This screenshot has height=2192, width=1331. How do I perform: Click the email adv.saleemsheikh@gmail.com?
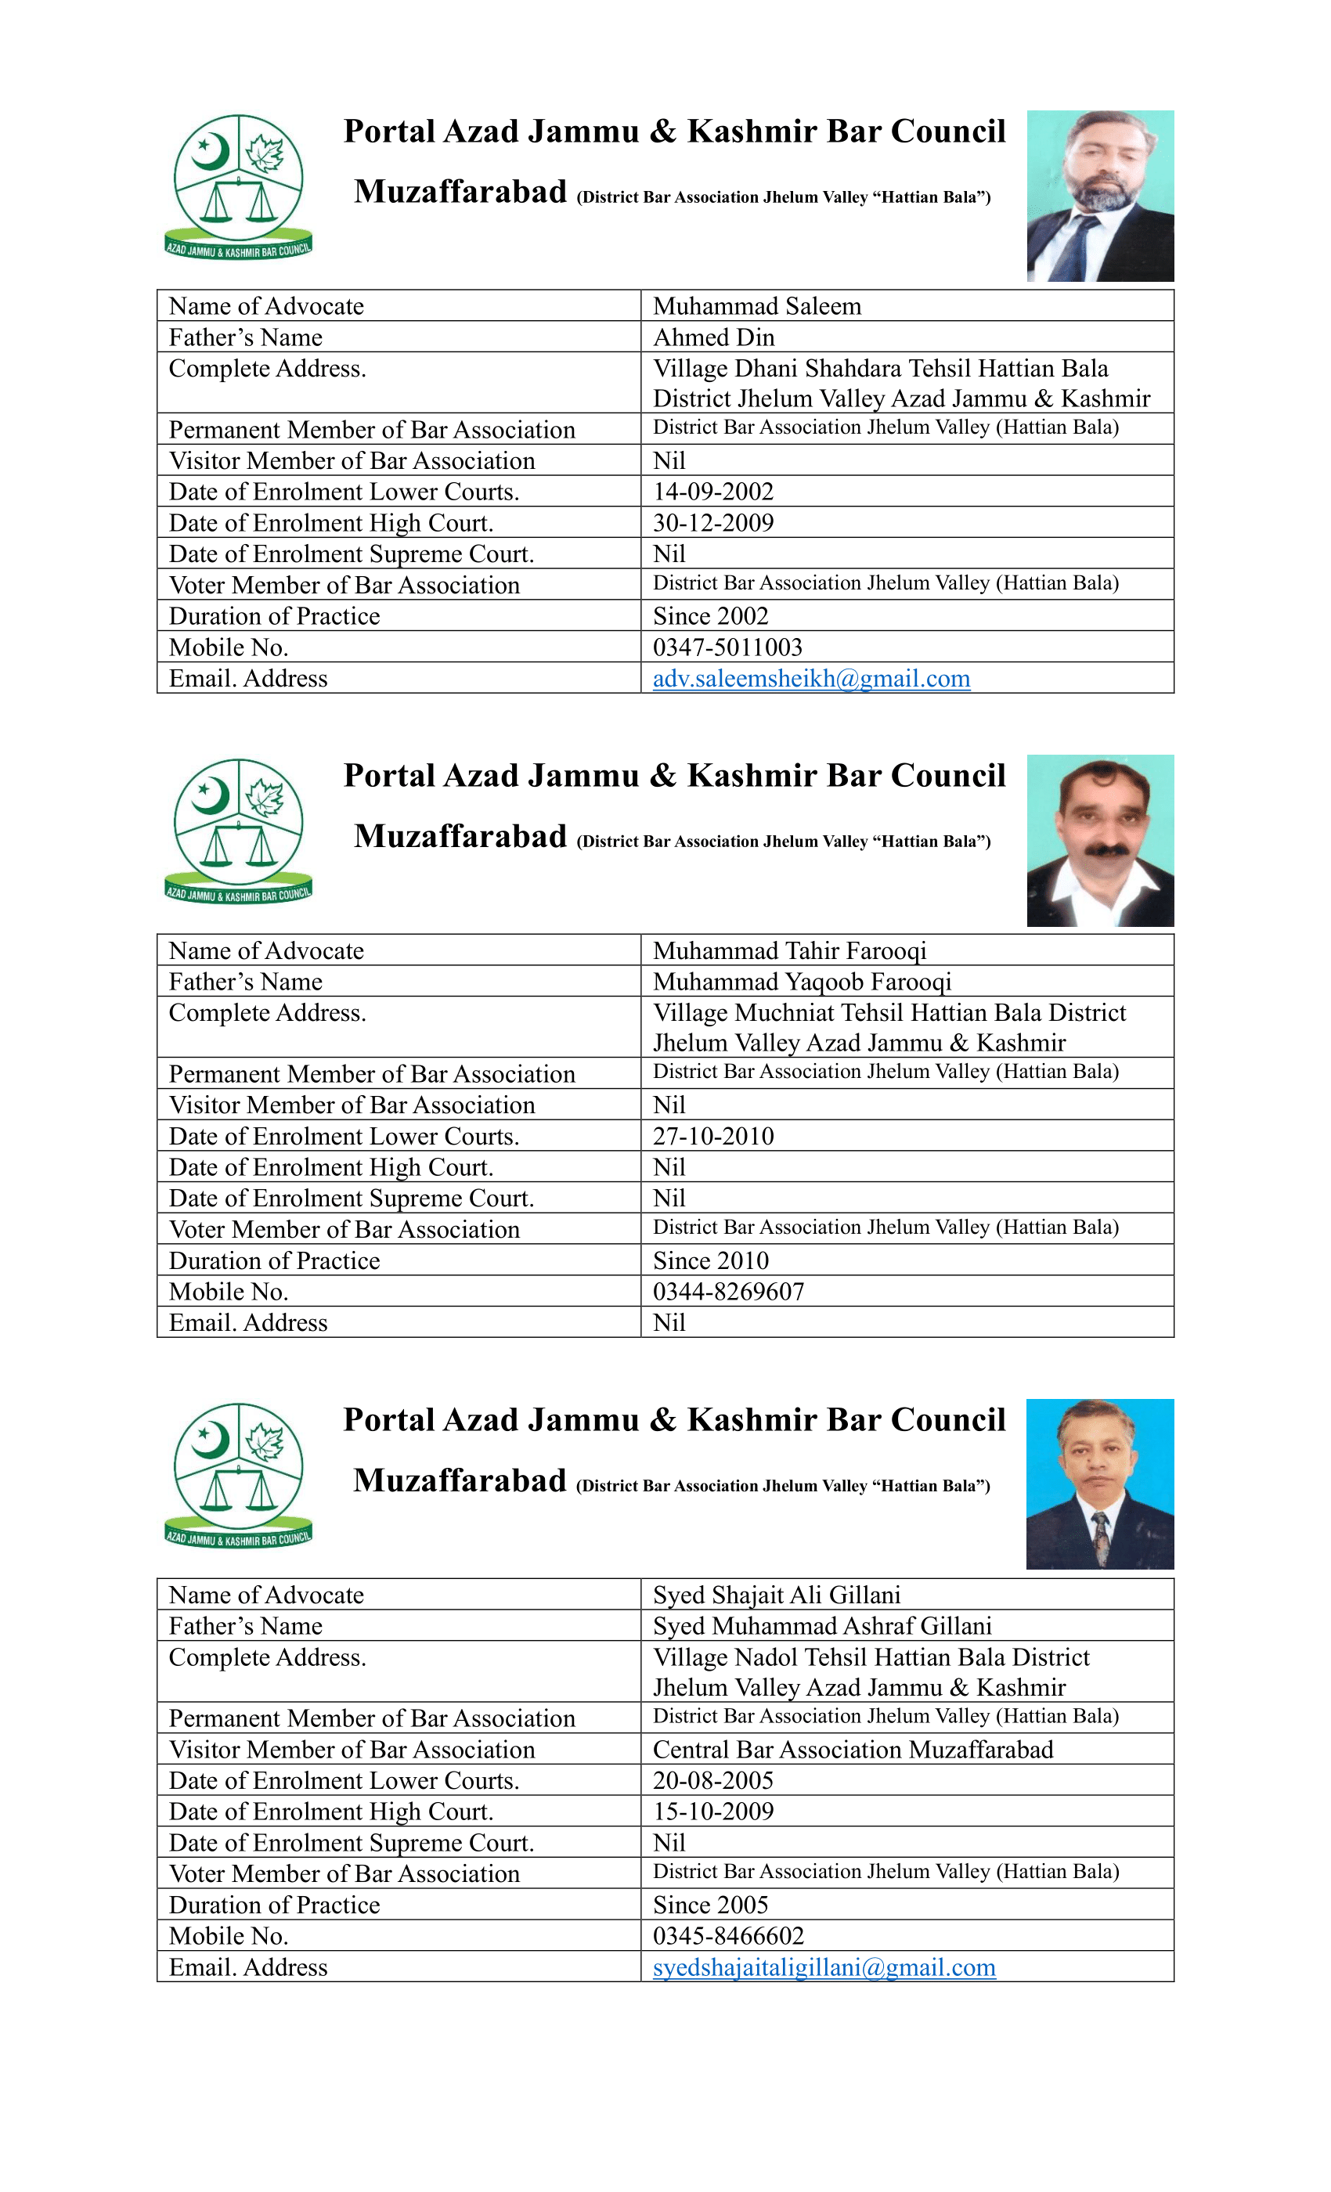810,679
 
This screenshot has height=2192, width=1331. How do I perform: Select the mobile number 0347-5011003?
727,647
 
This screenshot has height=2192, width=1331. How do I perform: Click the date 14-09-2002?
712,492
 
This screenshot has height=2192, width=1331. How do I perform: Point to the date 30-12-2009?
712,523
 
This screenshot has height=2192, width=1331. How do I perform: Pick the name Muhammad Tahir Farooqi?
789,951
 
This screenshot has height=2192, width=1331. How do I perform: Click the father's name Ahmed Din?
713,338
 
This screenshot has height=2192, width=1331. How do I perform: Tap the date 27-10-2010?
712,1136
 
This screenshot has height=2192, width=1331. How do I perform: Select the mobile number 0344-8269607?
728,1292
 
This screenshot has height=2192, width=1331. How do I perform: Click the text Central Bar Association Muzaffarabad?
853,1750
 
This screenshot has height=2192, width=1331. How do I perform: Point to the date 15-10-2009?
712,1812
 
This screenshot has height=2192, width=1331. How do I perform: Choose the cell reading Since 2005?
710,1905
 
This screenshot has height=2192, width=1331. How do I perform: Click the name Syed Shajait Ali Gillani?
776,1595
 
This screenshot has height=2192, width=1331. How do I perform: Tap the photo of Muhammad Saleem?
1100,196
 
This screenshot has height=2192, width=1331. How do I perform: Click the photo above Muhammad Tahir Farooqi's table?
1100,841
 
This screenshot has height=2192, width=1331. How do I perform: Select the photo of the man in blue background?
1100,1484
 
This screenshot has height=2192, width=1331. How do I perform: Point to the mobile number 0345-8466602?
728,1936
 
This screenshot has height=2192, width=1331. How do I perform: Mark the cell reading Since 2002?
710,617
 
